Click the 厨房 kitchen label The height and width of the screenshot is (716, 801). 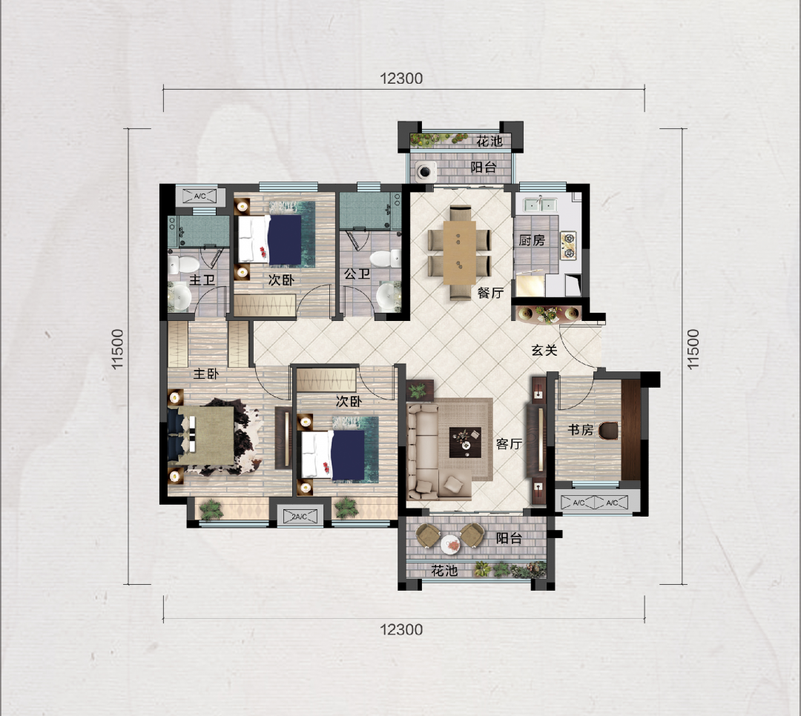point(532,240)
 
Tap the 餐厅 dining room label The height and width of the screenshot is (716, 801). point(490,293)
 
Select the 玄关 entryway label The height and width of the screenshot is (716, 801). point(544,351)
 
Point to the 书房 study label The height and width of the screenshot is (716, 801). point(580,430)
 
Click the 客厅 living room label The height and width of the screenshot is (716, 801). point(509,444)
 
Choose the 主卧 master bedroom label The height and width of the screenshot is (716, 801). point(206,374)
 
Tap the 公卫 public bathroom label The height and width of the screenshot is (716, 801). point(357,274)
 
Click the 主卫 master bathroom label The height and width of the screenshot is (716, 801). point(202,280)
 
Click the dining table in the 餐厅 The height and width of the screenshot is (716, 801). point(460,252)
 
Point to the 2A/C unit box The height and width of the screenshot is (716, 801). point(300,517)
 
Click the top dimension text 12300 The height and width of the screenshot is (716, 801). point(401,79)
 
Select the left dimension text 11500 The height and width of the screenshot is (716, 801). point(118,349)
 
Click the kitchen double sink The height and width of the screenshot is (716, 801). point(539,205)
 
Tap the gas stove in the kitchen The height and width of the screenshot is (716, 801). point(569,245)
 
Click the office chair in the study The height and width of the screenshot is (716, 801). point(608,431)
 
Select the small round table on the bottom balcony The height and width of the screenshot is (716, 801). point(451,543)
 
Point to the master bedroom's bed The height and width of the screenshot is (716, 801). point(205,436)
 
